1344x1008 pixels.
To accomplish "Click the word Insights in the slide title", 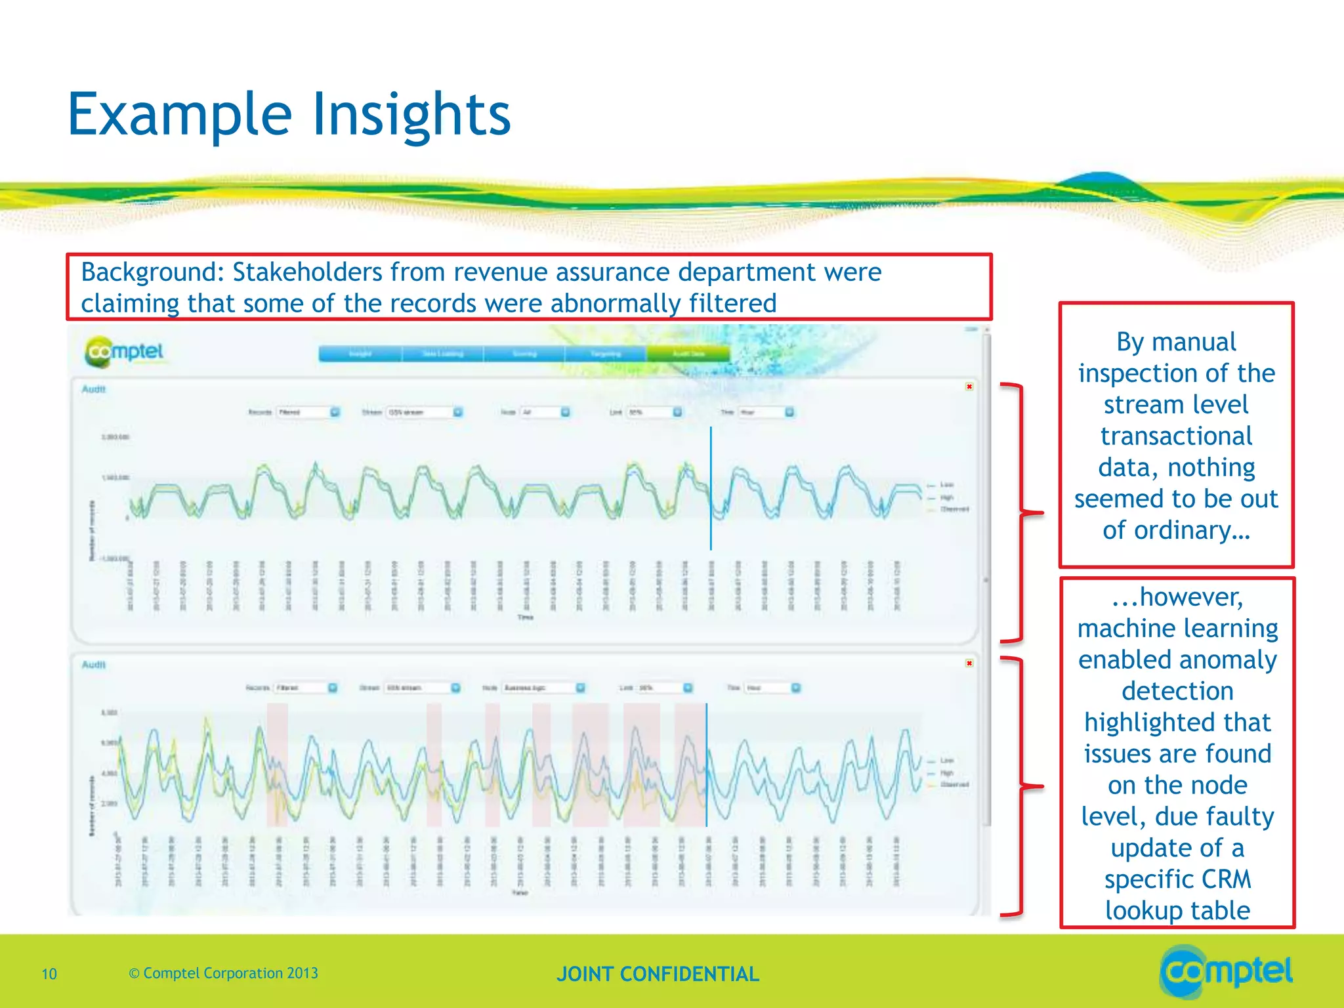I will [411, 115].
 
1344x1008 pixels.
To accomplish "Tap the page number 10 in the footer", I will [49, 974].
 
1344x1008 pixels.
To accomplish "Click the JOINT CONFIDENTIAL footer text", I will [658, 974].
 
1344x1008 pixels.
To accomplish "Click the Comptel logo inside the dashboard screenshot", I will [125, 352].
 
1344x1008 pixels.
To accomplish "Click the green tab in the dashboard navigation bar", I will [688, 354].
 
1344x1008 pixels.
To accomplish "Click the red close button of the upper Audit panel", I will [969, 387].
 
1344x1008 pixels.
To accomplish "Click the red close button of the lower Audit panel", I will [969, 663].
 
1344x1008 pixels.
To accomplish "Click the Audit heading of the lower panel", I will [94, 665].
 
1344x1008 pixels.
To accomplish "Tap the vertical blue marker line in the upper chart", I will [711, 489].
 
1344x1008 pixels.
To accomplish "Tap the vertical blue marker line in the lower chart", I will [707, 765].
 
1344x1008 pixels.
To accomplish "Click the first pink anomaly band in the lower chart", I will [277, 765].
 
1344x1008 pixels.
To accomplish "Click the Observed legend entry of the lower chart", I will [954, 784].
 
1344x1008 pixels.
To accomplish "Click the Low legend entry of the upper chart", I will [946, 484].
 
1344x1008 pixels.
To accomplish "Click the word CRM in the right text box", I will [1227, 879].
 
